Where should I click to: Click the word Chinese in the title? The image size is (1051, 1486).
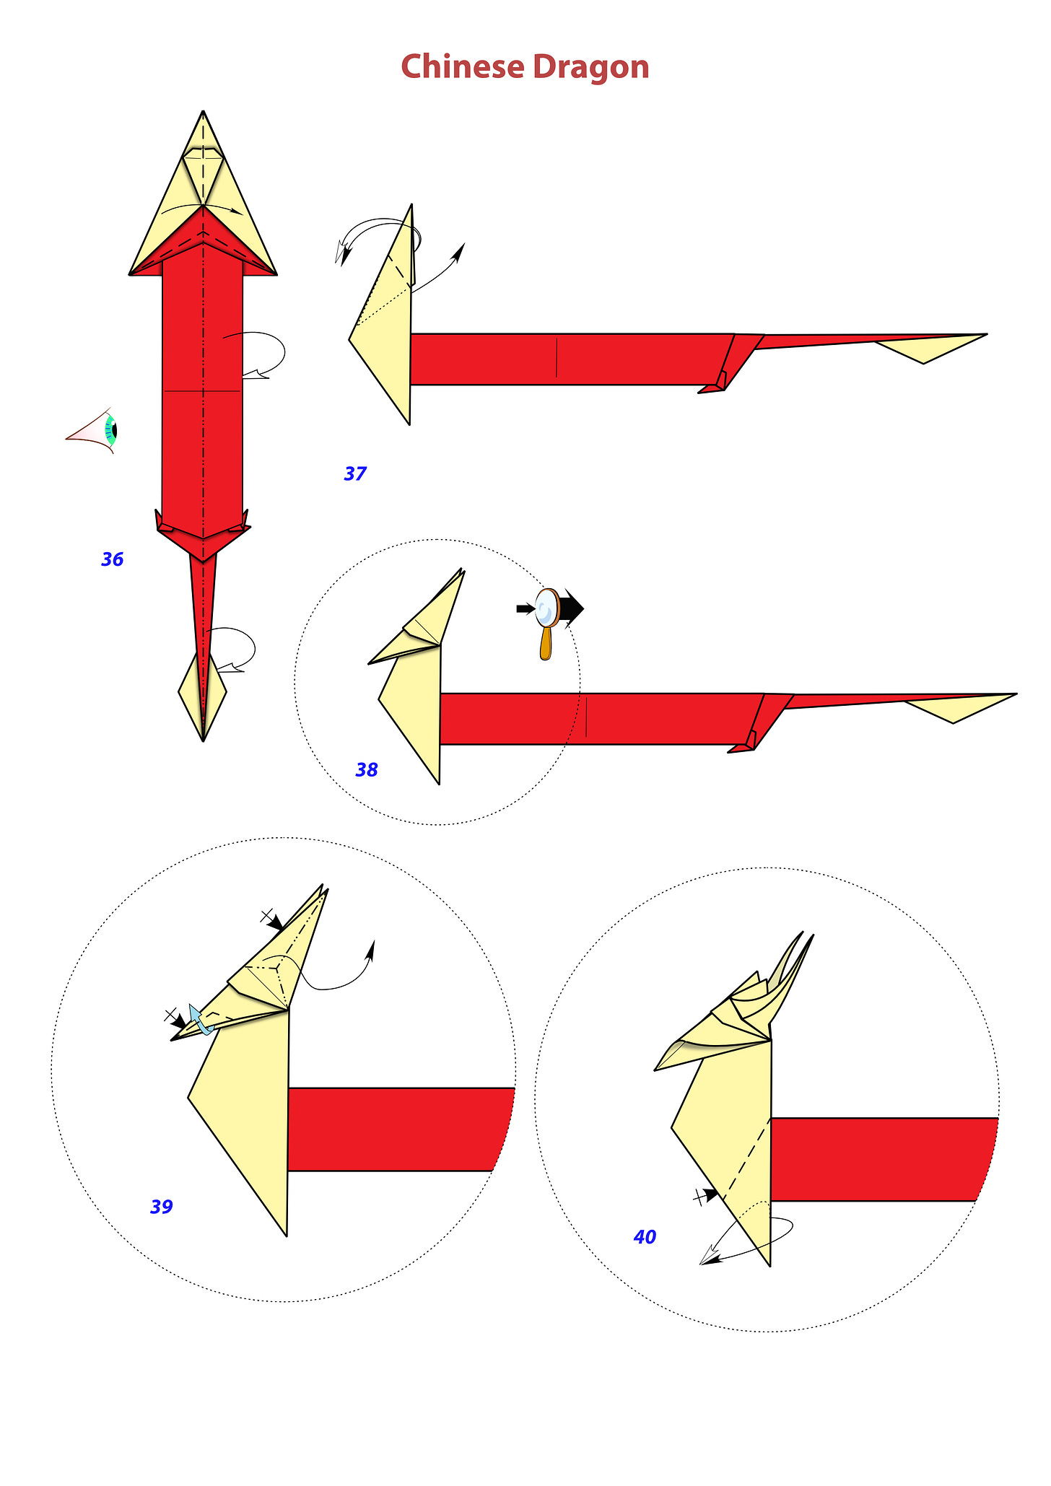(463, 66)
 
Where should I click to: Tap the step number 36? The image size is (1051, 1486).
(113, 559)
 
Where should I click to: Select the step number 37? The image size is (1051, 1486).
(355, 474)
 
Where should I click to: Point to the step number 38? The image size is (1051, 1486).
(367, 770)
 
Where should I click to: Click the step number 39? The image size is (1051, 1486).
(162, 1207)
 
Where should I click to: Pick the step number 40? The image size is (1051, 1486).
(645, 1237)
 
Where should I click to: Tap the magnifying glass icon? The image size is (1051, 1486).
(547, 622)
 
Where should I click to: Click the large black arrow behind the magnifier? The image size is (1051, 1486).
(572, 608)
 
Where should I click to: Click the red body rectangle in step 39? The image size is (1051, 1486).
(397, 1129)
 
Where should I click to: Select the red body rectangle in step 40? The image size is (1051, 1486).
(881, 1159)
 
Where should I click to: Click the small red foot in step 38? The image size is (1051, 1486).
(743, 744)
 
